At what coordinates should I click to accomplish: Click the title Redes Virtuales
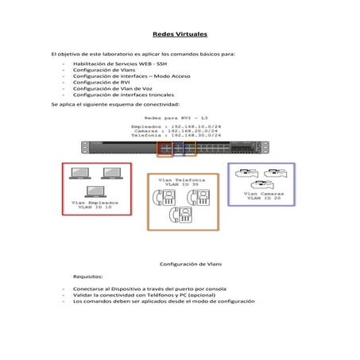click(180, 36)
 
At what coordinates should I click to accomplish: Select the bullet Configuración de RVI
click(99, 82)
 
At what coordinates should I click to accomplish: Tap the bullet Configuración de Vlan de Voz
click(107, 88)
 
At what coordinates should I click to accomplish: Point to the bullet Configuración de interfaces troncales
click(118, 95)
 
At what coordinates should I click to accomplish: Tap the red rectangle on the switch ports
click(165, 149)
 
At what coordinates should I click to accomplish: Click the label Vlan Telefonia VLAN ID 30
click(180, 182)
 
